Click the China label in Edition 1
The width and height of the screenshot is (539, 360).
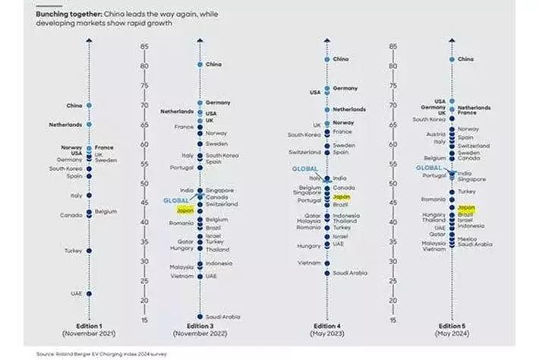coord(74,106)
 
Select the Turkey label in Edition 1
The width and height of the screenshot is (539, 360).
coord(73,251)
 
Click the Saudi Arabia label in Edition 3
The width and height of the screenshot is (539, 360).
coord(223,316)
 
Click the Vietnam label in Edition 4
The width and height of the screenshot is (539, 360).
coord(310,262)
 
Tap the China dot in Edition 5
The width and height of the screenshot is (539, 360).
coord(452,58)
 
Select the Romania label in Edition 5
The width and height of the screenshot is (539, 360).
coord(433,198)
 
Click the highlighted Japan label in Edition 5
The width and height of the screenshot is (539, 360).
coord(467,207)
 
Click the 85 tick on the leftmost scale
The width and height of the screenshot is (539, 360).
coord(144,47)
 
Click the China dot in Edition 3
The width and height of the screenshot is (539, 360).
coord(200,65)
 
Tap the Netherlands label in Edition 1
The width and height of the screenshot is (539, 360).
coord(65,125)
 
